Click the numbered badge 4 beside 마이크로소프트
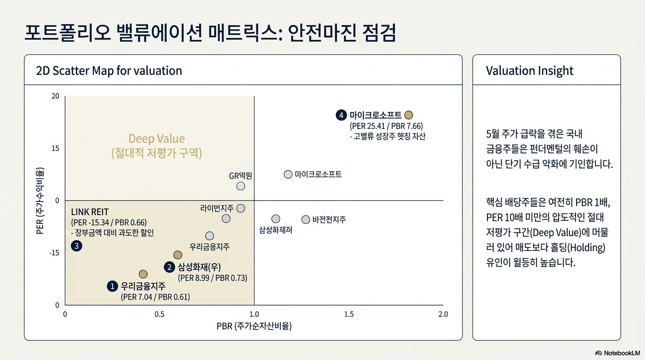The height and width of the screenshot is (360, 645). [x=341, y=115]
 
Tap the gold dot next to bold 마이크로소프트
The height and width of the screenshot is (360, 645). [x=409, y=115]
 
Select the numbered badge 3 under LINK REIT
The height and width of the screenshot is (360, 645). [x=76, y=246]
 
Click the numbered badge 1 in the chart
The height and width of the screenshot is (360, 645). [x=112, y=286]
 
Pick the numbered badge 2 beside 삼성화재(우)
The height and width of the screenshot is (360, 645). [x=169, y=267]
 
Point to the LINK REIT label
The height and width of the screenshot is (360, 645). [x=90, y=212]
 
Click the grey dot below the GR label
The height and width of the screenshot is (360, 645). [x=241, y=186]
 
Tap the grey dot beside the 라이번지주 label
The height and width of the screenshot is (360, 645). [x=241, y=208]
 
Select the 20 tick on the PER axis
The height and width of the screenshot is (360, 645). [x=55, y=96]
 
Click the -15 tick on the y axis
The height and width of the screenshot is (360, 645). [x=54, y=253]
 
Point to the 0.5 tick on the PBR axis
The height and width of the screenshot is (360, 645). [x=159, y=314]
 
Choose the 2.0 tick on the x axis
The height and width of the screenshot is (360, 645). [x=443, y=314]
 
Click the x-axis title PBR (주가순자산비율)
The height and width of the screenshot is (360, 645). [x=254, y=326]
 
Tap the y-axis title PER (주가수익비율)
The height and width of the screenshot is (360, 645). [x=40, y=201]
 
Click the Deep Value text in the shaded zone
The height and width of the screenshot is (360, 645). [x=157, y=139]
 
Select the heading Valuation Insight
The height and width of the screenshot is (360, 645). [x=530, y=71]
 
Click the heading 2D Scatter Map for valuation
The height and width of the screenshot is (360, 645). [x=109, y=71]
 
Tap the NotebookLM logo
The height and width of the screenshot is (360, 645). [x=618, y=353]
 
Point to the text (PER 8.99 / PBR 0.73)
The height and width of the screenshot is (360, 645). [x=212, y=278]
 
